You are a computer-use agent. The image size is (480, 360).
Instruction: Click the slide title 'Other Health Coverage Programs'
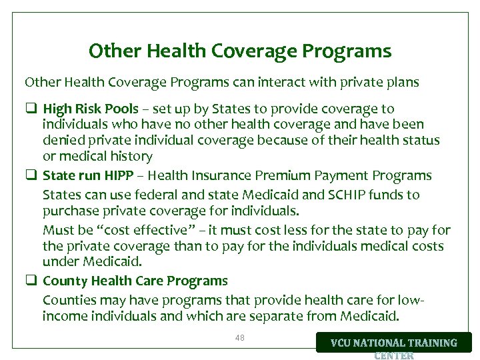click(240, 51)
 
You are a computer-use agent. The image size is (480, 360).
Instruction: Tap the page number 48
click(240, 338)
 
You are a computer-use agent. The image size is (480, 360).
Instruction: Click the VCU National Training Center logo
click(394, 343)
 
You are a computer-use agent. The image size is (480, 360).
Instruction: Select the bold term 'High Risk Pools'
click(91, 109)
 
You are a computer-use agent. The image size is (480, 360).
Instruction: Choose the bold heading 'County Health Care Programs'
click(135, 281)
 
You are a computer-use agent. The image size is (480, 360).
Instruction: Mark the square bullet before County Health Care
click(31, 281)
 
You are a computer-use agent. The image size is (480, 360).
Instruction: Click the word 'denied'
click(64, 141)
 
